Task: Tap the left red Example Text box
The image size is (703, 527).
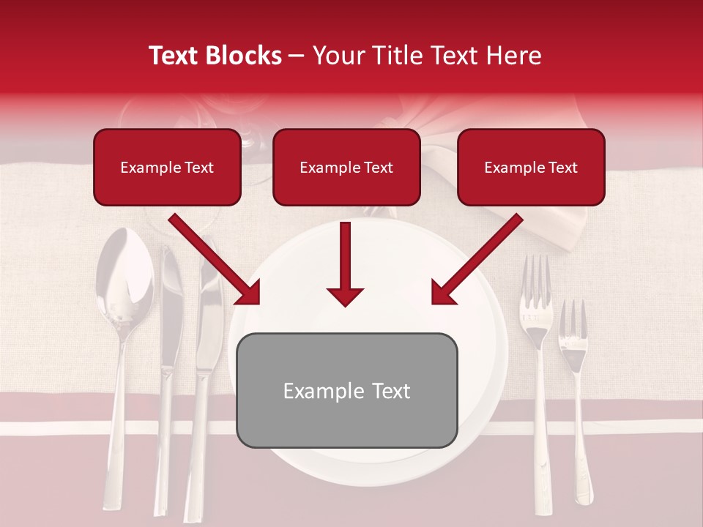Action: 167,167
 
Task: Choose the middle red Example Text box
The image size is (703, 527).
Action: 346,167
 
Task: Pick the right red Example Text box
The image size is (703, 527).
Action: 531,167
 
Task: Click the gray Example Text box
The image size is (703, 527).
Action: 346,390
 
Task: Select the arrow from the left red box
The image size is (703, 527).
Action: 215,260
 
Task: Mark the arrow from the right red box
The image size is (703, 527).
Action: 476,260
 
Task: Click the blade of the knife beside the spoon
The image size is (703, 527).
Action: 169,307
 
